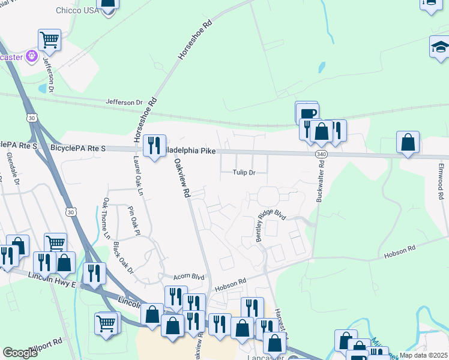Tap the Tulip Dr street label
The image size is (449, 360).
(244, 172)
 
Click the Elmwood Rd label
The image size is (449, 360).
(441, 181)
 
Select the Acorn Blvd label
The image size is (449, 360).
(189, 277)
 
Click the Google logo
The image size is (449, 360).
(20, 353)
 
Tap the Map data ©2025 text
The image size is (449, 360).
(423, 355)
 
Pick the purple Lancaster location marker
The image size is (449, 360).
(32, 57)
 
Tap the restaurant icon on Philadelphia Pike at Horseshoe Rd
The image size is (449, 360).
(155, 145)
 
